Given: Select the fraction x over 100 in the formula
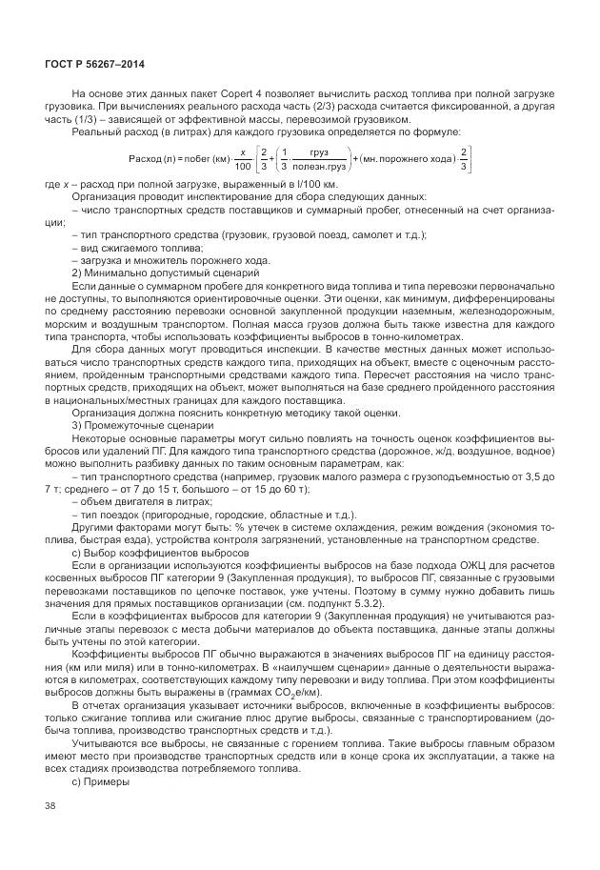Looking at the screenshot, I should click(x=244, y=157).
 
